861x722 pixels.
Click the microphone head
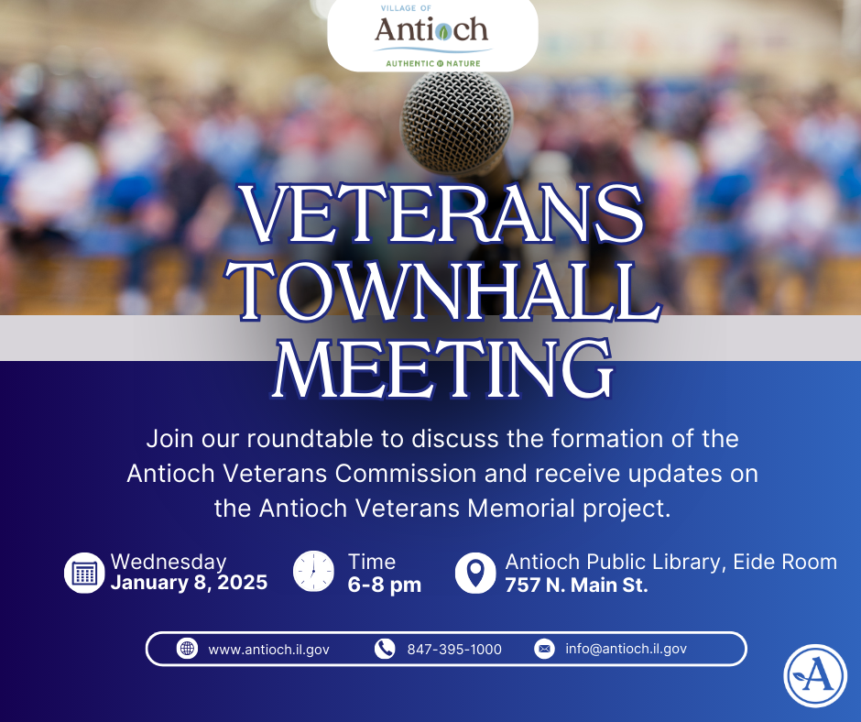point(458,115)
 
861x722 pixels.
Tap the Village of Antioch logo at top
point(432,36)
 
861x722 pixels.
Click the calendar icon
point(84,573)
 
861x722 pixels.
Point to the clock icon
point(313,572)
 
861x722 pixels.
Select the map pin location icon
point(474,573)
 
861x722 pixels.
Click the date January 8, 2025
point(189,584)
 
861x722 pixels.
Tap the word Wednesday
point(169,562)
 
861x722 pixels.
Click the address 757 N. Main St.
point(576,585)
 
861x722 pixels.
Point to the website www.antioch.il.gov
point(268,650)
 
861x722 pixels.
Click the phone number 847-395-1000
point(454,650)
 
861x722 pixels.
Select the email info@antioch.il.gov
point(626,649)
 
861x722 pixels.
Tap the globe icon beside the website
point(187,649)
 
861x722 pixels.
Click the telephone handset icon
point(384,649)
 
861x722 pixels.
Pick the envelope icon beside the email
point(544,649)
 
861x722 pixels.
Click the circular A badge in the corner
point(814,676)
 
